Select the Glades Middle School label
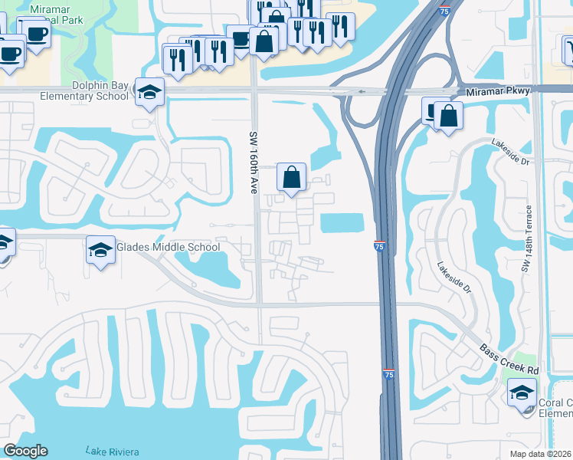click(x=168, y=247)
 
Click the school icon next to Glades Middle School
click(x=100, y=250)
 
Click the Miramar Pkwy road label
click(x=498, y=92)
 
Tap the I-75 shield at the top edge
click(x=445, y=10)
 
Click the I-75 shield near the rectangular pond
click(x=379, y=245)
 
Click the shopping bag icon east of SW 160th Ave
click(x=291, y=178)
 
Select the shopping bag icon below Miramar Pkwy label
click(x=448, y=117)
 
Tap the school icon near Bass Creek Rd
click(x=522, y=394)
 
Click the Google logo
click(x=25, y=451)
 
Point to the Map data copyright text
click(x=541, y=454)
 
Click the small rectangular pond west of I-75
click(x=342, y=223)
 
